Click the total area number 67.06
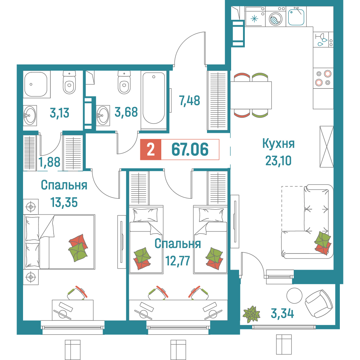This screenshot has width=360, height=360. coord(190,149)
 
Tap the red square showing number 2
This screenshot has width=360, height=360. coord(151,149)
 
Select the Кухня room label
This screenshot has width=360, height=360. coord(278,144)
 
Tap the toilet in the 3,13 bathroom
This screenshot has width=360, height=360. coord(69,82)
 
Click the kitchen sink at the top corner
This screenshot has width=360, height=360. coord(297,17)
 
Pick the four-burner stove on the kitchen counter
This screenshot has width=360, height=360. coord(323,78)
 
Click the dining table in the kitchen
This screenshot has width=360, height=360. coord(251,95)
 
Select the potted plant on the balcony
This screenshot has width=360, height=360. coord(251,313)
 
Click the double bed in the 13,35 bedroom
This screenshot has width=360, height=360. coord(59,242)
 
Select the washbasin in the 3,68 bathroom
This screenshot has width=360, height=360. coord(103,115)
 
